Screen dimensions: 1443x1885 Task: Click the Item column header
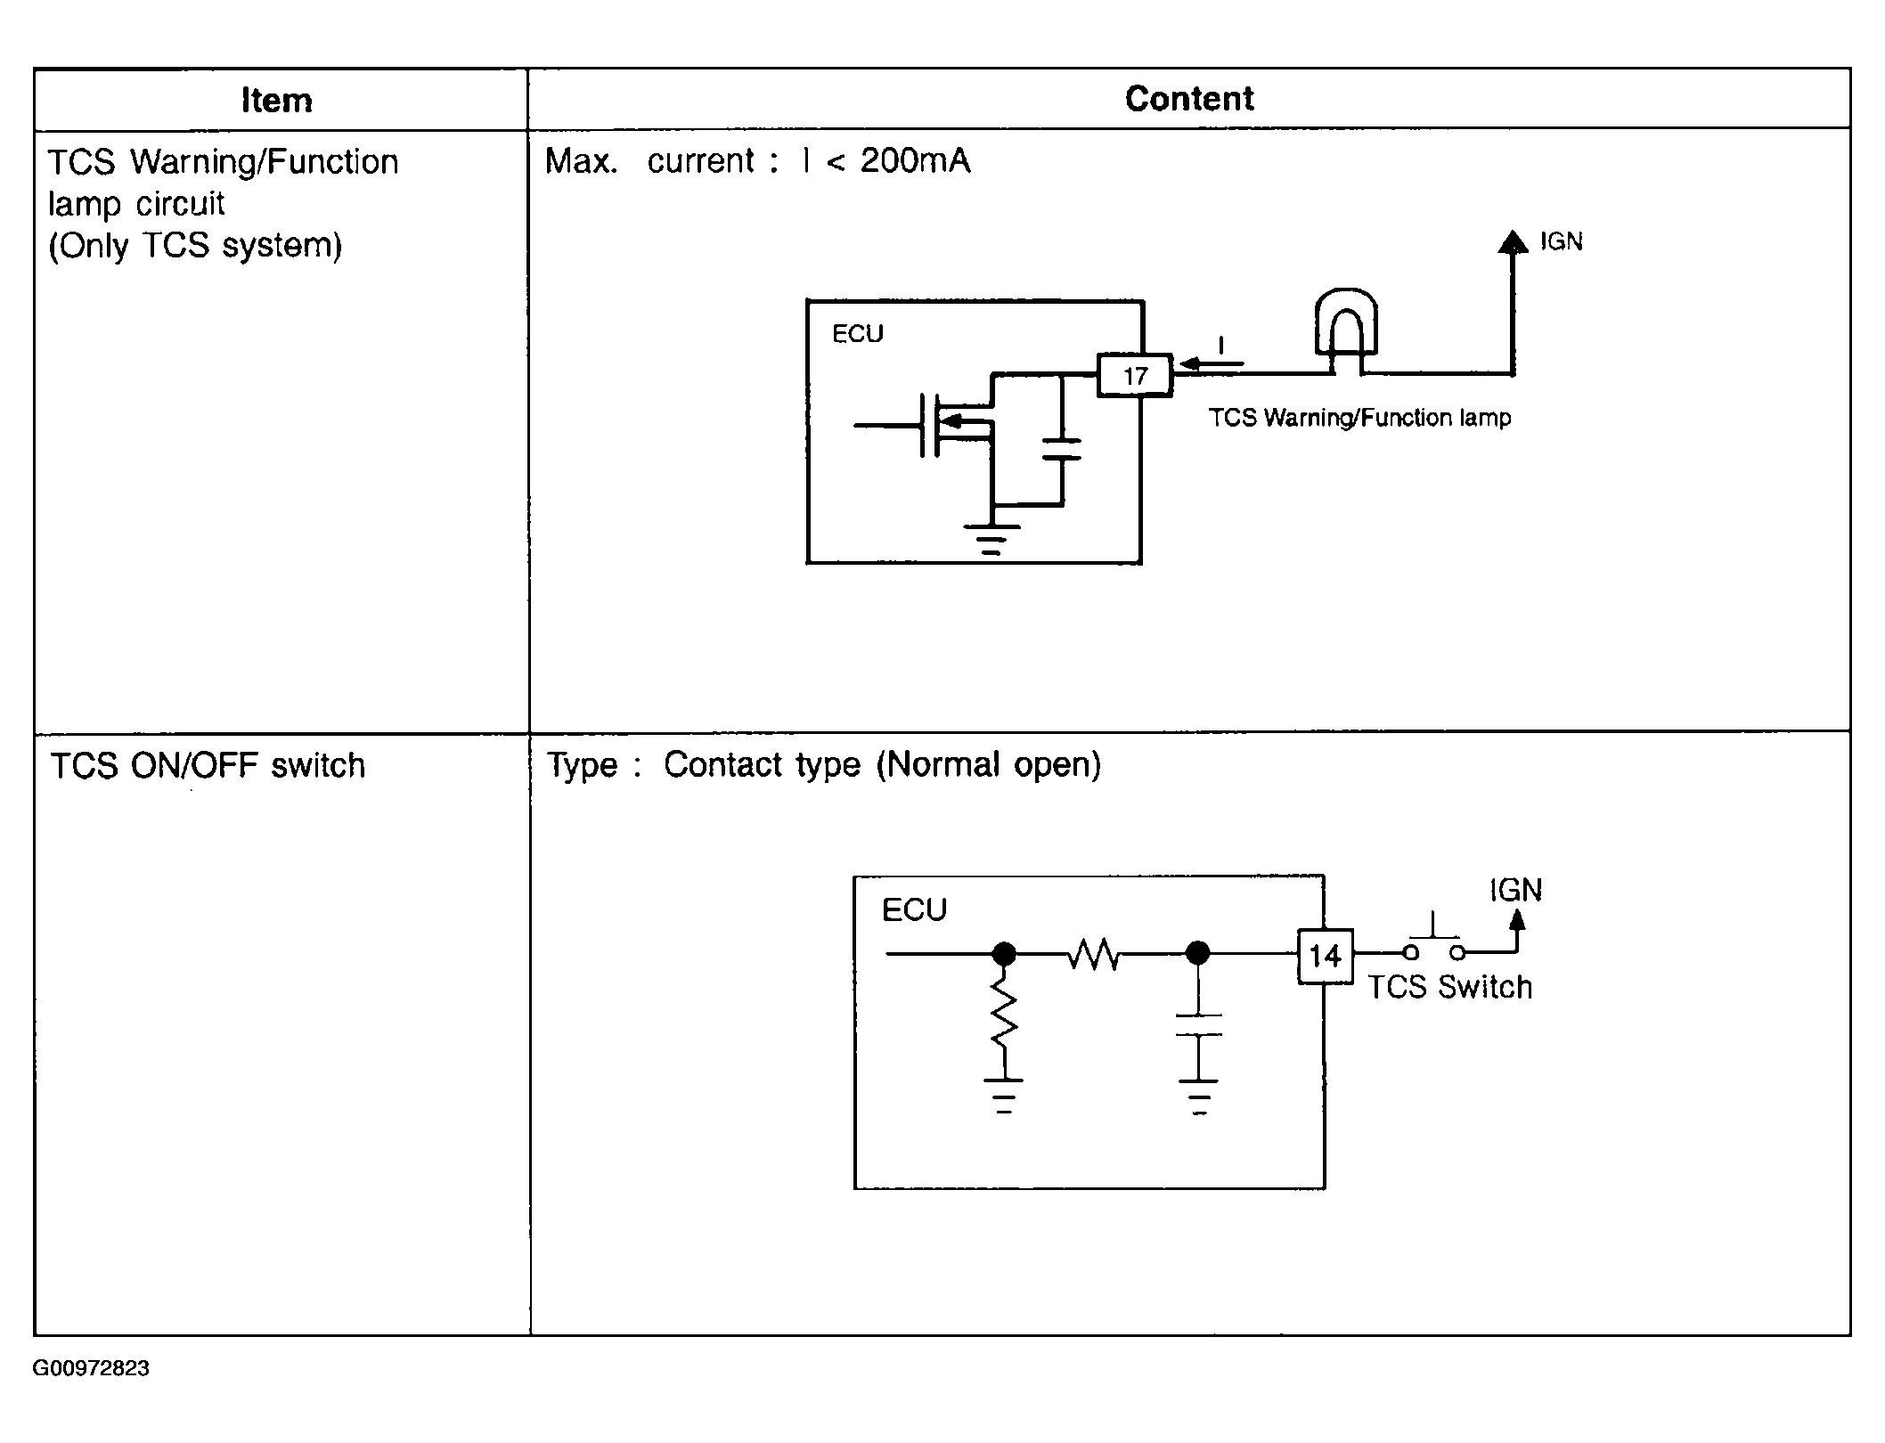point(277,101)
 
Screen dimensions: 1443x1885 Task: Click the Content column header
point(1189,99)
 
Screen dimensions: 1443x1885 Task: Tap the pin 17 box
point(1135,376)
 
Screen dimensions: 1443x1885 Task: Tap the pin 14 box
point(1325,957)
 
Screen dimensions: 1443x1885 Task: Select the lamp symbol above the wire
point(1346,324)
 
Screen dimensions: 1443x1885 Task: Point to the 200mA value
point(915,161)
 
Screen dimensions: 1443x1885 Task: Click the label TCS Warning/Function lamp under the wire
point(1359,418)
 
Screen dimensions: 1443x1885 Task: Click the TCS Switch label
point(1449,988)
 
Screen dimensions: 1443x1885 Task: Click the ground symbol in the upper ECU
point(991,538)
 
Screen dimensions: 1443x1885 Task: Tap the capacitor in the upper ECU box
point(1061,449)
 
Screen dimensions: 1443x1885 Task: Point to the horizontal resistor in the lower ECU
point(1094,955)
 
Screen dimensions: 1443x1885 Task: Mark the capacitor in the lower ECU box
point(1199,1025)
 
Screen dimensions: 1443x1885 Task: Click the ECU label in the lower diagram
point(914,910)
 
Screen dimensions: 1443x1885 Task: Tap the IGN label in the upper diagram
point(1561,242)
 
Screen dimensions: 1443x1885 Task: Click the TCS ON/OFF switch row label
point(208,766)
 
